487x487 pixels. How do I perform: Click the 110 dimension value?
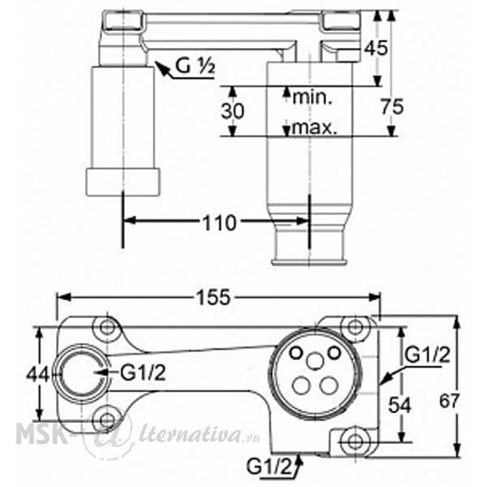(219, 223)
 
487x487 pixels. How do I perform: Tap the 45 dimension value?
(376, 48)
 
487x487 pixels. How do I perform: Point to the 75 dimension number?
(392, 106)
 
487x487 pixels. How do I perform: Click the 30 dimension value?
(233, 111)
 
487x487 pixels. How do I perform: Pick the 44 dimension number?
(37, 374)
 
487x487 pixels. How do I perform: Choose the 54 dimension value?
(399, 405)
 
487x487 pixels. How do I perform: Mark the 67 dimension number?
(449, 401)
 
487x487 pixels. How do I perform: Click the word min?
(312, 97)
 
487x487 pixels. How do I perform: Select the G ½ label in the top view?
(195, 66)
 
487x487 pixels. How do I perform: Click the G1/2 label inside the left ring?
(143, 373)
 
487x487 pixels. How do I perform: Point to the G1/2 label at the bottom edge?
(269, 467)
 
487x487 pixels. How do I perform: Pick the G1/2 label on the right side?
(428, 355)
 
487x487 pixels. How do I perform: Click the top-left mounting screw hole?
(107, 327)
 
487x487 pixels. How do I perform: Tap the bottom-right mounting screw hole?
(356, 442)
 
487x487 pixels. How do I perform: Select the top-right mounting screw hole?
(356, 326)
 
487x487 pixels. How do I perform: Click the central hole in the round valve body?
(315, 361)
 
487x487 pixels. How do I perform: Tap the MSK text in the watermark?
(40, 433)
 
